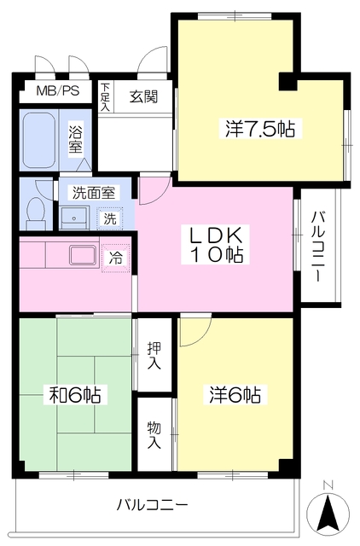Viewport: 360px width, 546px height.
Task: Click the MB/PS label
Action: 58,91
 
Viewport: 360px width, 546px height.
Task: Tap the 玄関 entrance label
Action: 143,96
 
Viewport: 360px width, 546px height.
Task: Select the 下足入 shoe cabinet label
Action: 105,97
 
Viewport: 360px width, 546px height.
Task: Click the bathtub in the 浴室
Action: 39,140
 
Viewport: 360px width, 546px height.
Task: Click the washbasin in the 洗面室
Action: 74,218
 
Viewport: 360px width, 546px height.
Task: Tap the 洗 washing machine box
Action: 110,218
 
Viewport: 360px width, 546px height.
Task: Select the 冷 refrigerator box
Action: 115,258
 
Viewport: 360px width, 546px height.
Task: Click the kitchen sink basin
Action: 83,256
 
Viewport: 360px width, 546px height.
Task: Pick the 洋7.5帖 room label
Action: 259,129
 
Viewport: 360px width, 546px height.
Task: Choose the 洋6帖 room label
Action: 235,395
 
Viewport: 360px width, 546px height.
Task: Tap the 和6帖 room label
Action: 75,395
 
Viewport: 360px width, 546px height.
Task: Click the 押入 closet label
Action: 154,356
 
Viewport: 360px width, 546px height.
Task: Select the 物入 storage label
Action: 154,435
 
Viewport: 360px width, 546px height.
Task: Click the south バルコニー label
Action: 152,504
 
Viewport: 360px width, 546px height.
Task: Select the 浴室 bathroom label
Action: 76,140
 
